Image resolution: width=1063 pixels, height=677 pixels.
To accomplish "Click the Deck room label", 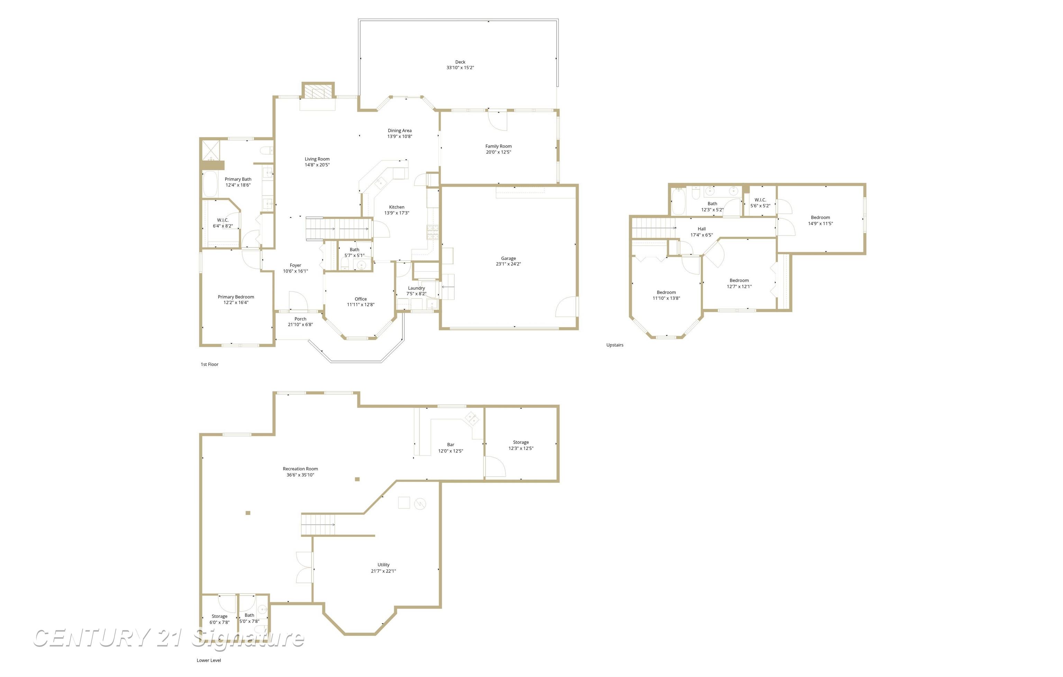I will coord(460,62).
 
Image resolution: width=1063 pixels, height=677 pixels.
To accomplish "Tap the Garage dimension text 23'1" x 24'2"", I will coord(508,264).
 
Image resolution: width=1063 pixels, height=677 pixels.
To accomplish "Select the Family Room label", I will coord(498,146).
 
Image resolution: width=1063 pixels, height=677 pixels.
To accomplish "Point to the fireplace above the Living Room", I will coord(318,92).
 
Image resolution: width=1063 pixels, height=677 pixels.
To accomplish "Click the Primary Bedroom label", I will coord(236,297).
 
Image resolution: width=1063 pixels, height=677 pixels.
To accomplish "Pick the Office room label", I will coord(361,299).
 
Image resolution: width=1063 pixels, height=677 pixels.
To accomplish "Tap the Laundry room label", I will coord(416,288).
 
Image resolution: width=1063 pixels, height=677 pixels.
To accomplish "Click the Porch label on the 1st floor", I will coord(300,319).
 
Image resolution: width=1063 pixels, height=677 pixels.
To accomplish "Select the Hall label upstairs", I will coord(701,229).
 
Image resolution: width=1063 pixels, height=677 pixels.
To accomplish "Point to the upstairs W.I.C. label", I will coord(760,200).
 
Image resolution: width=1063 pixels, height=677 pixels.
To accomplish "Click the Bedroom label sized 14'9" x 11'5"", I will coord(820,217).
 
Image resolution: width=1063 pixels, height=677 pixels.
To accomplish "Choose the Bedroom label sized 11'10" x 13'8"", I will coord(666,292).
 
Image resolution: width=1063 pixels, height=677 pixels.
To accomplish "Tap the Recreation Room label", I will coord(300,469).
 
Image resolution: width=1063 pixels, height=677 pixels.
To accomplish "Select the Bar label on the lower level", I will coord(450,445).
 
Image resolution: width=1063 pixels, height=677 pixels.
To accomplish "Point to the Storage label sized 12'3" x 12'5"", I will coord(521,442).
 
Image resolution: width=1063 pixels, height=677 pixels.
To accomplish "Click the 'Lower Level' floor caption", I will coord(209,660).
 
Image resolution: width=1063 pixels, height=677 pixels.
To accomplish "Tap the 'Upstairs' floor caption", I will coord(615,345).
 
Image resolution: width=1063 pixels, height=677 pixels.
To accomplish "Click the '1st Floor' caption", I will coord(210,364).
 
